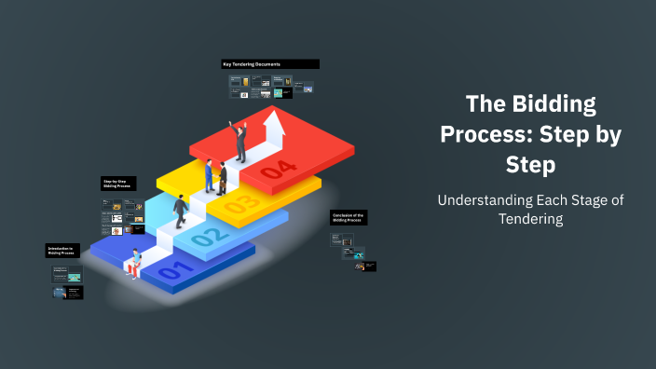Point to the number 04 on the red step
pyautogui.click(x=278, y=170)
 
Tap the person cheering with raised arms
pyautogui.click(x=240, y=140)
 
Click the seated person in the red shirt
pyautogui.click(x=136, y=263)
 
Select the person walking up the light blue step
pyautogui.click(x=180, y=212)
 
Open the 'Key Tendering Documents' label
pyautogui.click(x=270, y=64)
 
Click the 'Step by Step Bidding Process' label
pyautogui.click(x=120, y=184)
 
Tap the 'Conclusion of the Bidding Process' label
pyautogui.click(x=348, y=218)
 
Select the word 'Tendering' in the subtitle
pyautogui.click(x=530, y=218)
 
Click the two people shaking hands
pyautogui.click(x=217, y=177)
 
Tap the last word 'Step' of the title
pyautogui.click(x=530, y=165)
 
